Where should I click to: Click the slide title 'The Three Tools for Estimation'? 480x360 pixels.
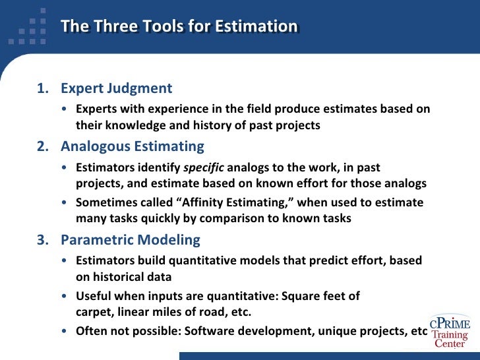(x=179, y=26)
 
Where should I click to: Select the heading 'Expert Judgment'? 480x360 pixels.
(x=116, y=88)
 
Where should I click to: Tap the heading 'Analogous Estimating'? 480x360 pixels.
(x=132, y=146)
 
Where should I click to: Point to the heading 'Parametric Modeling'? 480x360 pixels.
(x=130, y=239)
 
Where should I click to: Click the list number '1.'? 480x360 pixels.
(x=43, y=88)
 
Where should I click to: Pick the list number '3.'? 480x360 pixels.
(x=43, y=239)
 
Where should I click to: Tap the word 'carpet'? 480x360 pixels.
(x=92, y=311)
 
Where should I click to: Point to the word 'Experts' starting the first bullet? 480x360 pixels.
(x=96, y=109)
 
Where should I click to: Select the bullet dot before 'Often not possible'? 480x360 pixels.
(x=63, y=331)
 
